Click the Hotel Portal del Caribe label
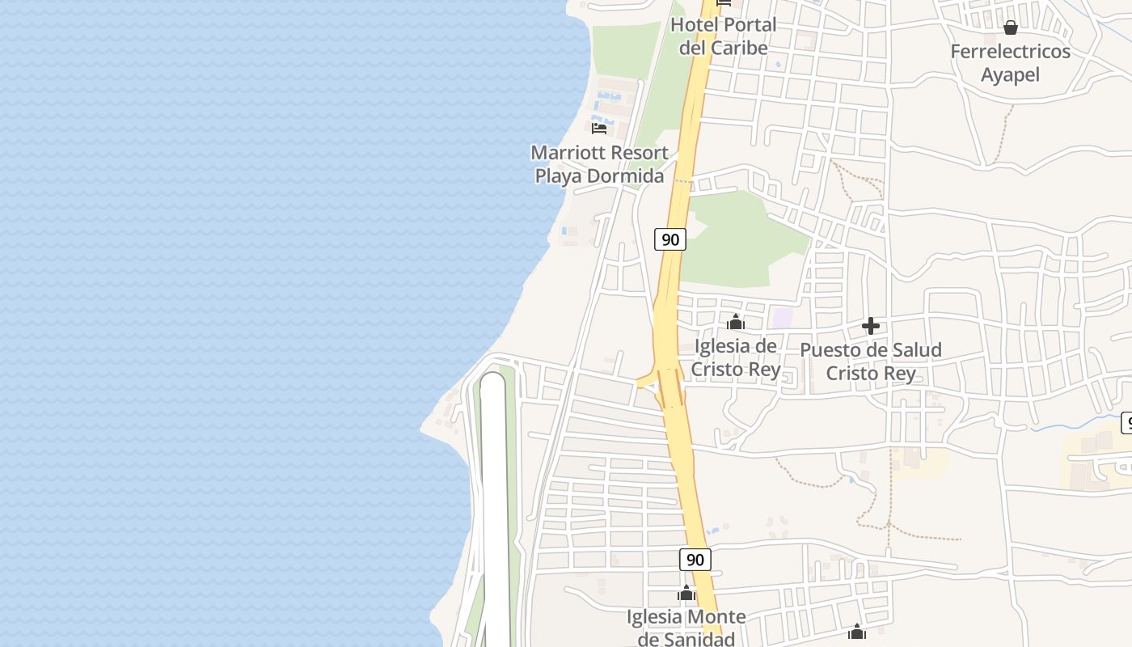pyautogui.click(x=723, y=36)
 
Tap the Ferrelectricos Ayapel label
pyautogui.click(x=1010, y=63)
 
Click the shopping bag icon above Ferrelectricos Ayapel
pyautogui.click(x=1010, y=28)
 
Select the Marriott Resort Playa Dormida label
pyautogui.click(x=599, y=164)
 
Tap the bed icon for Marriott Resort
pyautogui.click(x=599, y=128)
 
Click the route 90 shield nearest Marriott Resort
pyautogui.click(x=669, y=239)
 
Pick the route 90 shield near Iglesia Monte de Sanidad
pyautogui.click(x=695, y=560)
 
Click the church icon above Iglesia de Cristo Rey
pyautogui.click(x=735, y=323)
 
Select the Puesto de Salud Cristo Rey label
pyautogui.click(x=871, y=362)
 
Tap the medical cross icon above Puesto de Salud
pyautogui.click(x=871, y=326)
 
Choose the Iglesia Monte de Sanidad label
pyautogui.click(x=686, y=628)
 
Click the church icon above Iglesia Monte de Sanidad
pyautogui.click(x=686, y=594)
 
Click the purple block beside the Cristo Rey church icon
pyautogui.click(x=782, y=318)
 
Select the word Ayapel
pyautogui.click(x=1010, y=75)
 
